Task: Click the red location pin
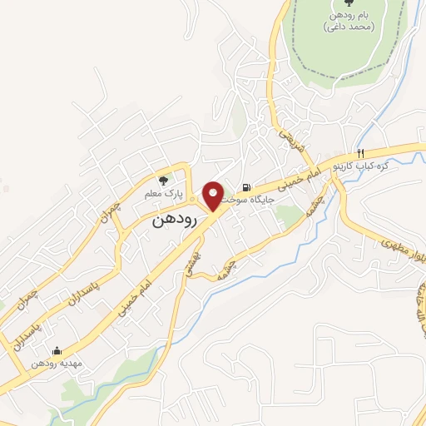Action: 214,195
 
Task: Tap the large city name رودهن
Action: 175,222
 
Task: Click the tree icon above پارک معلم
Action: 164,179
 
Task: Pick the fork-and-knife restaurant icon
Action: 361,153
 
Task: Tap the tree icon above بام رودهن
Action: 347,4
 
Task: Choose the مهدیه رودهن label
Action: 55,364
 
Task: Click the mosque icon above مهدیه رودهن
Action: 56,350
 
